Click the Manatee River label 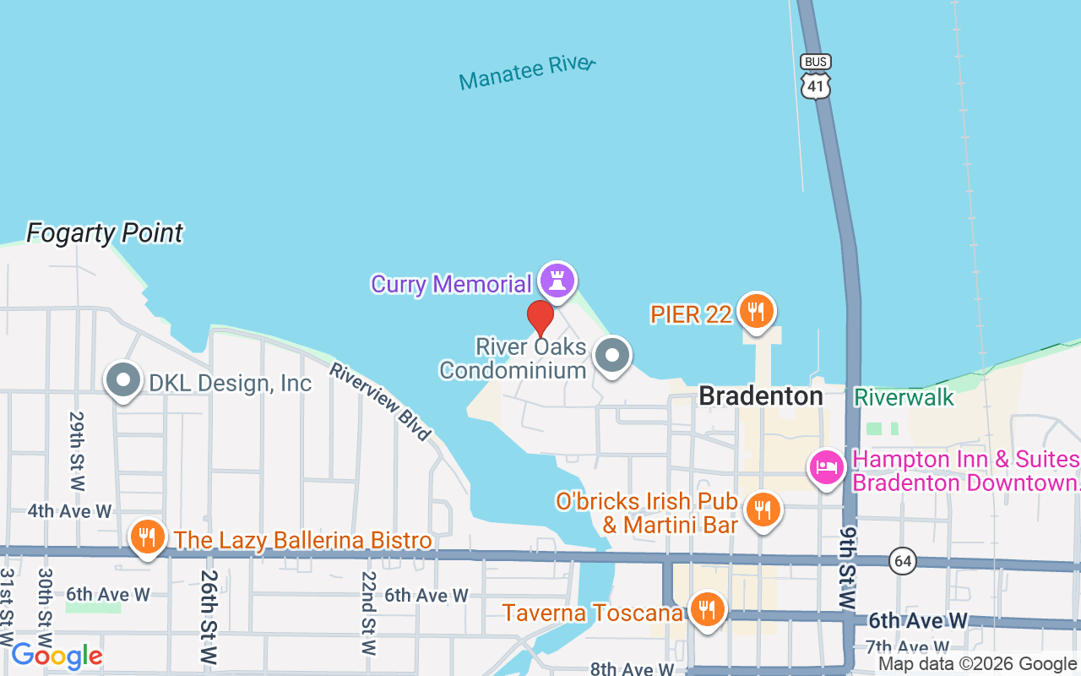(527, 73)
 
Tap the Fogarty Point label (105, 233)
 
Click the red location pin (540, 319)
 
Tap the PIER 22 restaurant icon (756, 311)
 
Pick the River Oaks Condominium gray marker (612, 356)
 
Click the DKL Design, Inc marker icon (123, 380)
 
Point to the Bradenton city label (761, 395)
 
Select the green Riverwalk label (904, 397)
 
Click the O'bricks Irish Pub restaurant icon (763, 509)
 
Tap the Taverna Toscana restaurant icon (707, 609)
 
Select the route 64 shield (904, 561)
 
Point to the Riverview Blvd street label (380, 401)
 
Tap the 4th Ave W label (69, 511)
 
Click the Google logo (57, 656)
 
